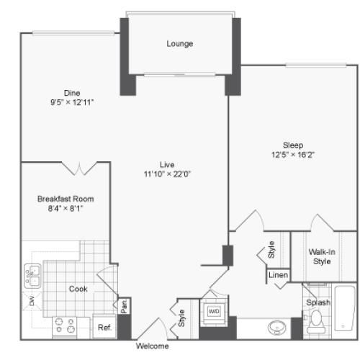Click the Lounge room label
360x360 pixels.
click(180, 44)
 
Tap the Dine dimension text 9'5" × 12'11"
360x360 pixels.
click(72, 102)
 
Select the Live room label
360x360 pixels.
click(167, 165)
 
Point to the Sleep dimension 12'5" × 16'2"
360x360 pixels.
click(293, 155)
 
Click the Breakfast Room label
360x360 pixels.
click(66, 199)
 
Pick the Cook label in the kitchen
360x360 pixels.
click(78, 289)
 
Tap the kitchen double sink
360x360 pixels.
click(32, 276)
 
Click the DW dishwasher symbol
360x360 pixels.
click(32, 301)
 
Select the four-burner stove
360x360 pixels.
click(65, 327)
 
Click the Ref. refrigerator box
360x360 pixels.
click(104, 327)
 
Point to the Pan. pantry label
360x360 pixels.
click(124, 306)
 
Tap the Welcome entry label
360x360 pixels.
click(152, 346)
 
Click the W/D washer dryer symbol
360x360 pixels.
click(214, 311)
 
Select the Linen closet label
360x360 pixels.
click(278, 275)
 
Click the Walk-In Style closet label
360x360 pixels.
click(322, 256)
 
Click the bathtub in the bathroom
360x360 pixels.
click(345, 308)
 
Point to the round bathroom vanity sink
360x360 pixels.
click(277, 328)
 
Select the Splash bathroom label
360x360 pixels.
click(318, 302)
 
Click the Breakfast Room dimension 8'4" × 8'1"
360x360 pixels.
click(66, 208)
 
